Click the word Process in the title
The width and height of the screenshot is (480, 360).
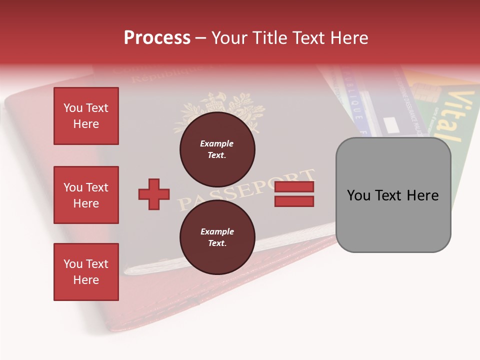(x=157, y=38)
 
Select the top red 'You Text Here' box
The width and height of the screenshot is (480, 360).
(x=86, y=116)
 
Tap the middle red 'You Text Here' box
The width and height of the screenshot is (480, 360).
(x=86, y=195)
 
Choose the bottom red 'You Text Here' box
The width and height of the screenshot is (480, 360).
(x=86, y=272)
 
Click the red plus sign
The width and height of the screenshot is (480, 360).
(x=154, y=194)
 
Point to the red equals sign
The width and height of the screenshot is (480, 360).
(x=294, y=194)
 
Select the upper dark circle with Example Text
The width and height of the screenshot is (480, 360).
(x=217, y=149)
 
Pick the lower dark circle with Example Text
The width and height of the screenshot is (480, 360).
(x=217, y=237)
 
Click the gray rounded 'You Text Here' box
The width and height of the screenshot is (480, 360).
(x=393, y=195)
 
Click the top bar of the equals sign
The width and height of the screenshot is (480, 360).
(x=294, y=187)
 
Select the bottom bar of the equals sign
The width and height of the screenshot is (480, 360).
(x=294, y=201)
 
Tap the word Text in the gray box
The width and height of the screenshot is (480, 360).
(x=392, y=195)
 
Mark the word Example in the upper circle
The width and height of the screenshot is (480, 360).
(x=216, y=143)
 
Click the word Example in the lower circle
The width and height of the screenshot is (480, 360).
(x=217, y=231)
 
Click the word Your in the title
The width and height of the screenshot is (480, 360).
(x=230, y=38)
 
